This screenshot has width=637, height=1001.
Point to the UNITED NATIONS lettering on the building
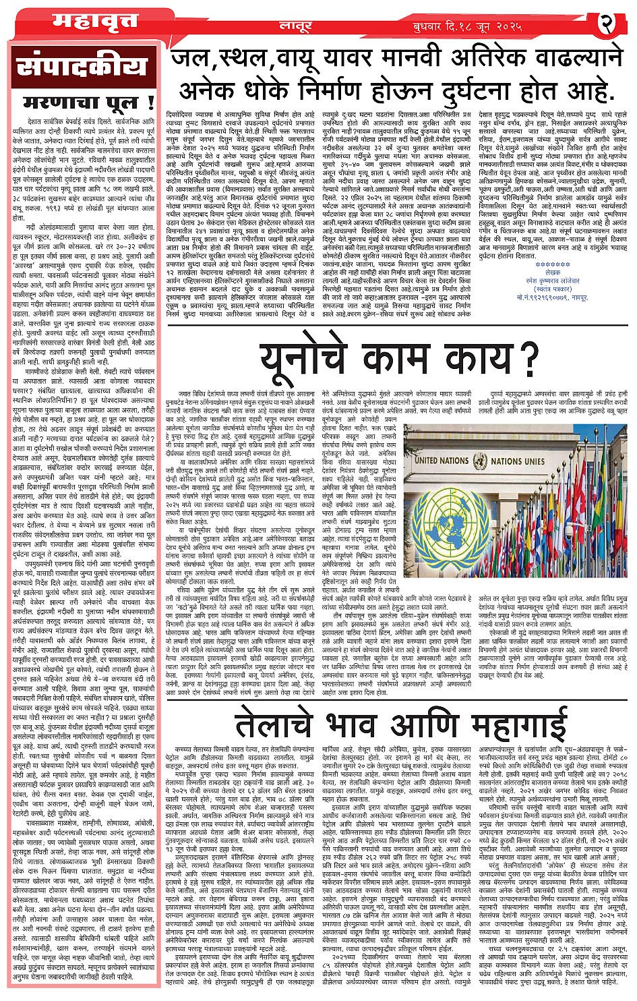(x=442, y=461)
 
